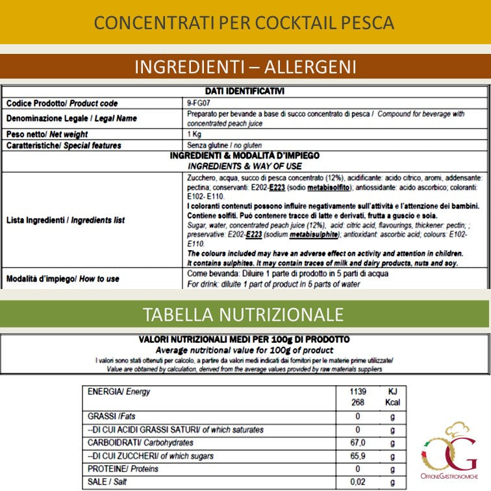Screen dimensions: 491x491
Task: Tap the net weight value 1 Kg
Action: tap(194, 134)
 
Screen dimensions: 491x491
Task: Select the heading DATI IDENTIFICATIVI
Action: tap(244, 92)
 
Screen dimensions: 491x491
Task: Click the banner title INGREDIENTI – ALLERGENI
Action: tap(245, 67)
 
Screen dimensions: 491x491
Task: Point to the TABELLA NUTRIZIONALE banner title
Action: tap(243, 315)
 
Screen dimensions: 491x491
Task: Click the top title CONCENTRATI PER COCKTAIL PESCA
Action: tap(244, 23)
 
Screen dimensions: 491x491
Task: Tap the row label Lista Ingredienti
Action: tap(65, 221)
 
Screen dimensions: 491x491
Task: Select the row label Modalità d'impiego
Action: tap(62, 279)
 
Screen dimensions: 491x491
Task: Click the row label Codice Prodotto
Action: tap(62, 103)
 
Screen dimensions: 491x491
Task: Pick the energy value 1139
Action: tap(357, 392)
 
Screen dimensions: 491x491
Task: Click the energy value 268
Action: tap(357, 402)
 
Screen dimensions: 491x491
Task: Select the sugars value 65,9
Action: tap(357, 457)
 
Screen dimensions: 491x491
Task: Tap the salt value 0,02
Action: tap(357, 483)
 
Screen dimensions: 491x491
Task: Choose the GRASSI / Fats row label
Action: tap(111, 416)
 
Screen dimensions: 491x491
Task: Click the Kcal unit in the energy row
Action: tap(392, 402)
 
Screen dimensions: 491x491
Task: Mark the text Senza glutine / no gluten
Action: tap(224, 145)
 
